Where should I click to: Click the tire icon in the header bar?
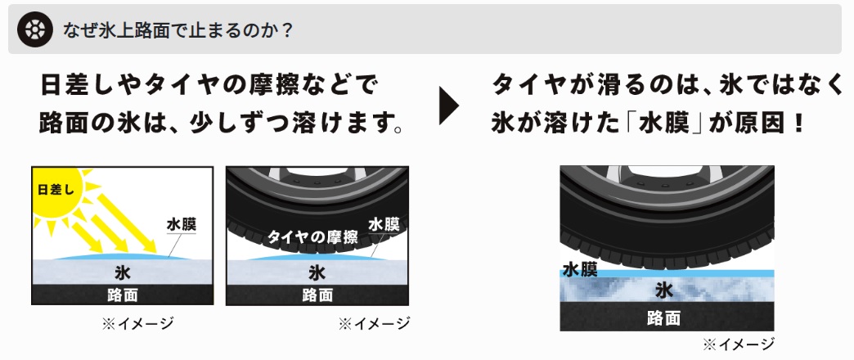(35, 29)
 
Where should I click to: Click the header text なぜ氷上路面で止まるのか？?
(178, 30)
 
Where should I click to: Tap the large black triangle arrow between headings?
(449, 105)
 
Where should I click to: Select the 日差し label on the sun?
(56, 190)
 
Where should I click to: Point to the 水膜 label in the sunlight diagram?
(182, 224)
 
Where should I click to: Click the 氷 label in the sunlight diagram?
(123, 271)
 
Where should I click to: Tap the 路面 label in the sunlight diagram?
(123, 295)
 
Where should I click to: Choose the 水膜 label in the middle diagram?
(384, 224)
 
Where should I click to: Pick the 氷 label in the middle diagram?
(317, 272)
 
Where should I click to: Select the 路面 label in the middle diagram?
(317, 295)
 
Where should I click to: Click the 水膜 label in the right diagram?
(580, 270)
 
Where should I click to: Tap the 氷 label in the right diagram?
(664, 290)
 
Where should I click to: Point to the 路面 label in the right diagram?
(664, 317)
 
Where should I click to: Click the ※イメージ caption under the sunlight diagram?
(137, 323)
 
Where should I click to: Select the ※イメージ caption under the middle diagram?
(374, 323)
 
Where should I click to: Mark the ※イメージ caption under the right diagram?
(739, 344)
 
